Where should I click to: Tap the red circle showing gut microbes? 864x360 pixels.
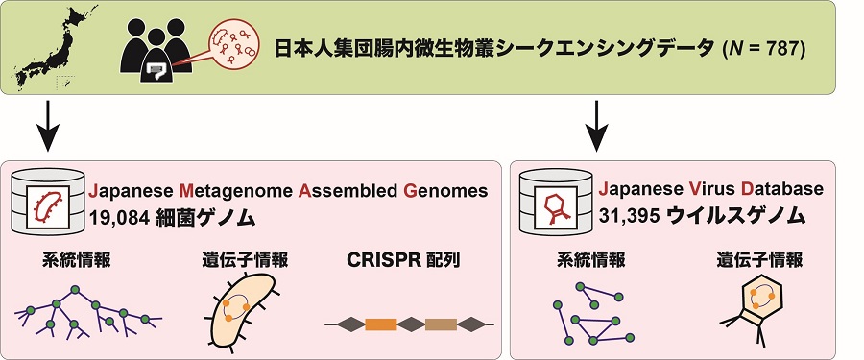[231, 47]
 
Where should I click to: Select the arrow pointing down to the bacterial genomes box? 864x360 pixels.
[48, 126]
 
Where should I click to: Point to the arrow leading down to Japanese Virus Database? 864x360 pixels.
[597, 126]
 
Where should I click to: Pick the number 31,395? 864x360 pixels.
[629, 217]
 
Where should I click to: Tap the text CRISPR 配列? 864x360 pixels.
[403, 260]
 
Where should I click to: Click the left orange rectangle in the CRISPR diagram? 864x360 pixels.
[381, 324]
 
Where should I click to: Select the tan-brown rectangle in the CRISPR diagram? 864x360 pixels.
[441, 324]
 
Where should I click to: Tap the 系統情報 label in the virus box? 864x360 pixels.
[590, 259]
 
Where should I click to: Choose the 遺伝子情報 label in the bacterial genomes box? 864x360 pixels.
[245, 259]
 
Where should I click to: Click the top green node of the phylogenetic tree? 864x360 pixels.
[75, 289]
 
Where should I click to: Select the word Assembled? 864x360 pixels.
[348, 191]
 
